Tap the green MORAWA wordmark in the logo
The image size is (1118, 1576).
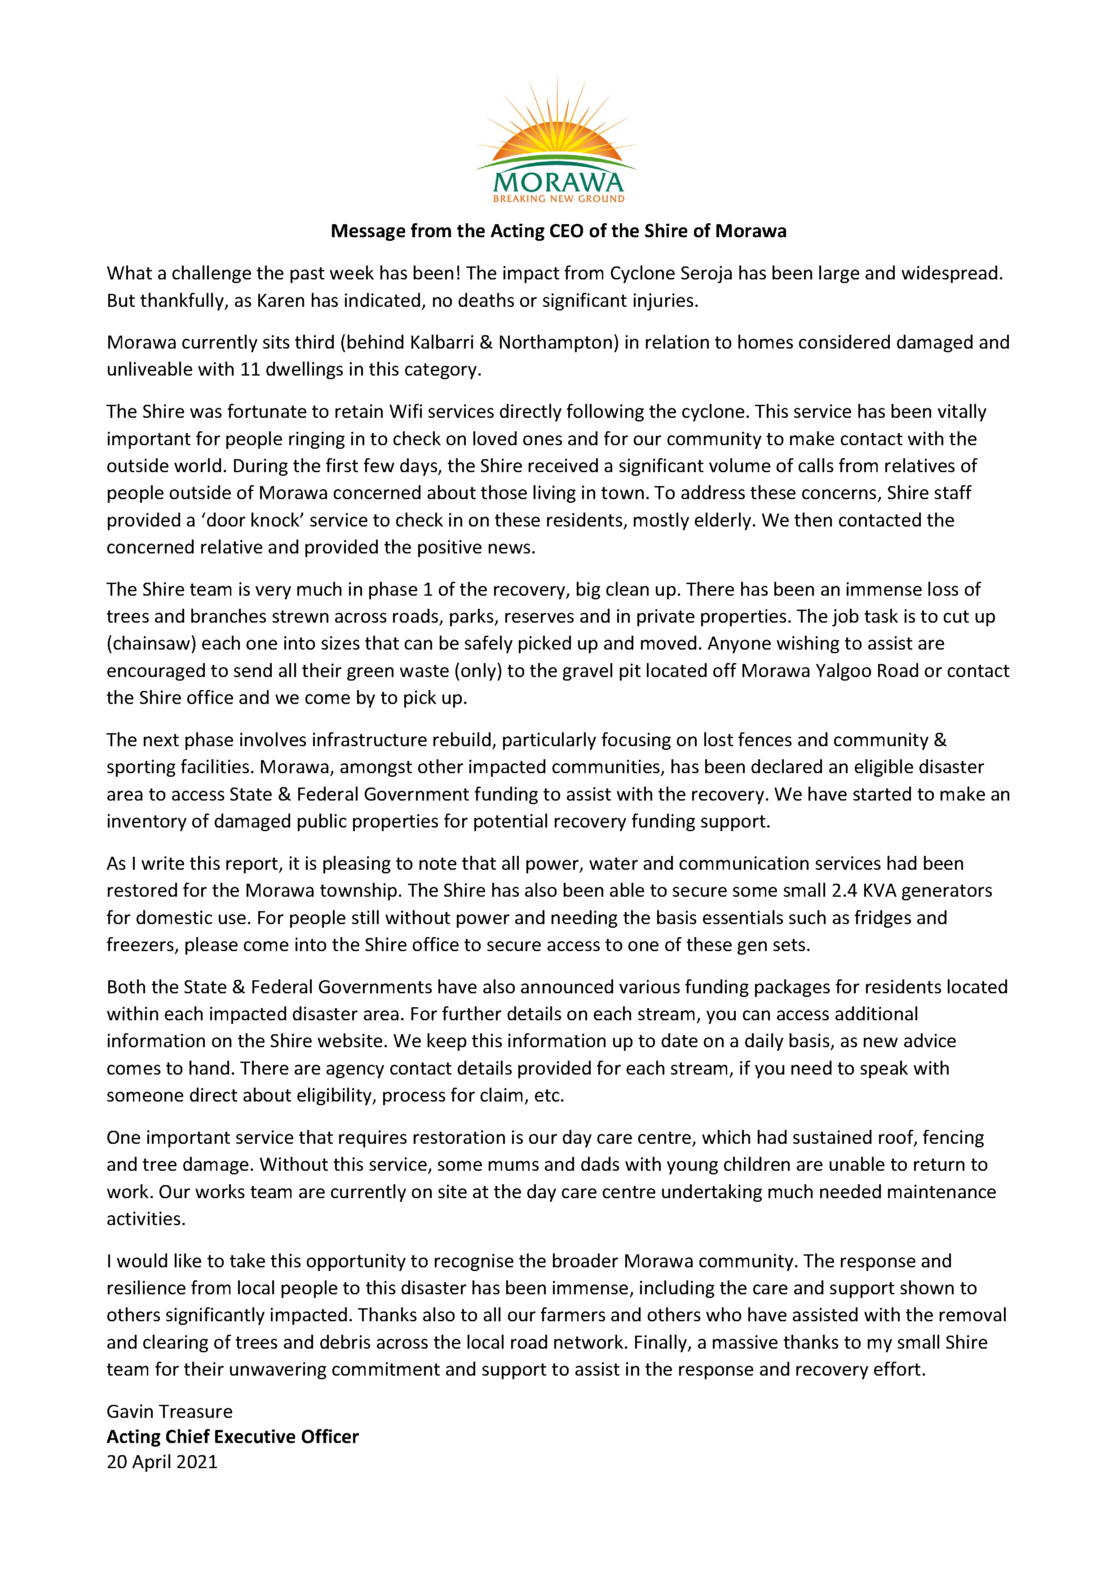558,182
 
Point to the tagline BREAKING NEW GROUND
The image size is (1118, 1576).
558,199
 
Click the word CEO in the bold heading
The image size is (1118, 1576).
566,231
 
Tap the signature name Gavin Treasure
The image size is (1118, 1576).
169,1412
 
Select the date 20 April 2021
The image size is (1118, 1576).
162,1462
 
